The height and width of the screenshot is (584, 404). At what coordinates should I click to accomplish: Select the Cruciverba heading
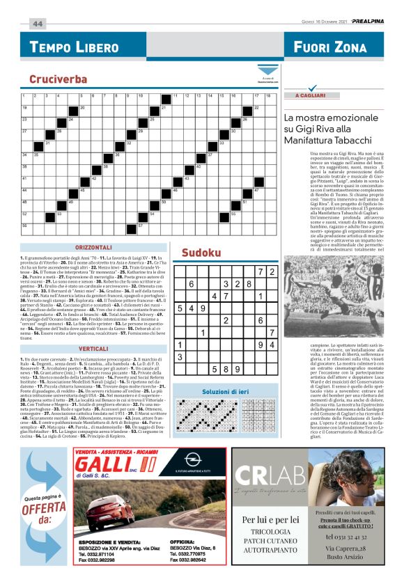58,79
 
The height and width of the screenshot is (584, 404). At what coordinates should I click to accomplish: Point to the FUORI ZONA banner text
330,47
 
